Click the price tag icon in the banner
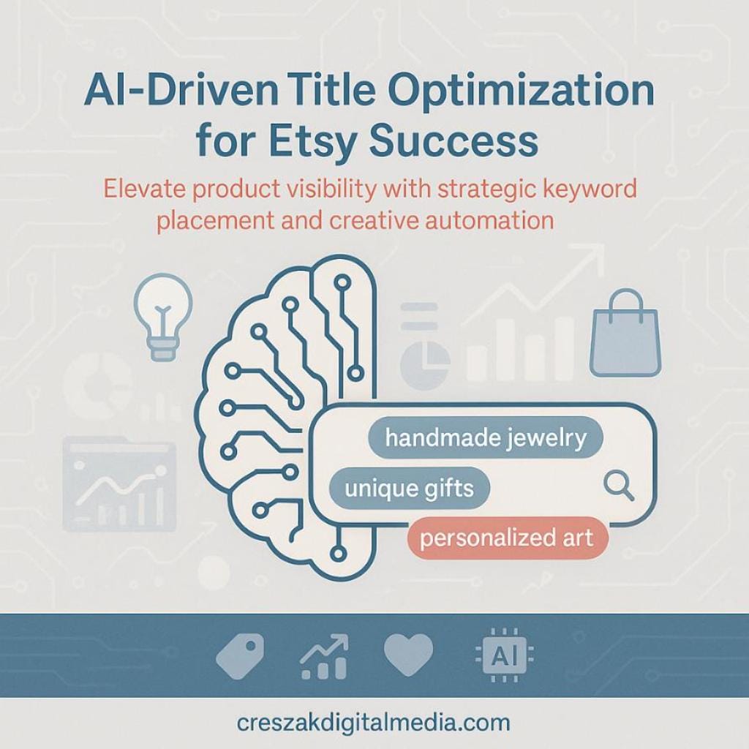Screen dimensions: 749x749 tap(239, 652)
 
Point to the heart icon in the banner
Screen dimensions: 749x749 tap(408, 653)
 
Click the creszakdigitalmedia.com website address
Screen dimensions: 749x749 tap(374, 723)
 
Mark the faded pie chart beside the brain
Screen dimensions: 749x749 tap(425, 361)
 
